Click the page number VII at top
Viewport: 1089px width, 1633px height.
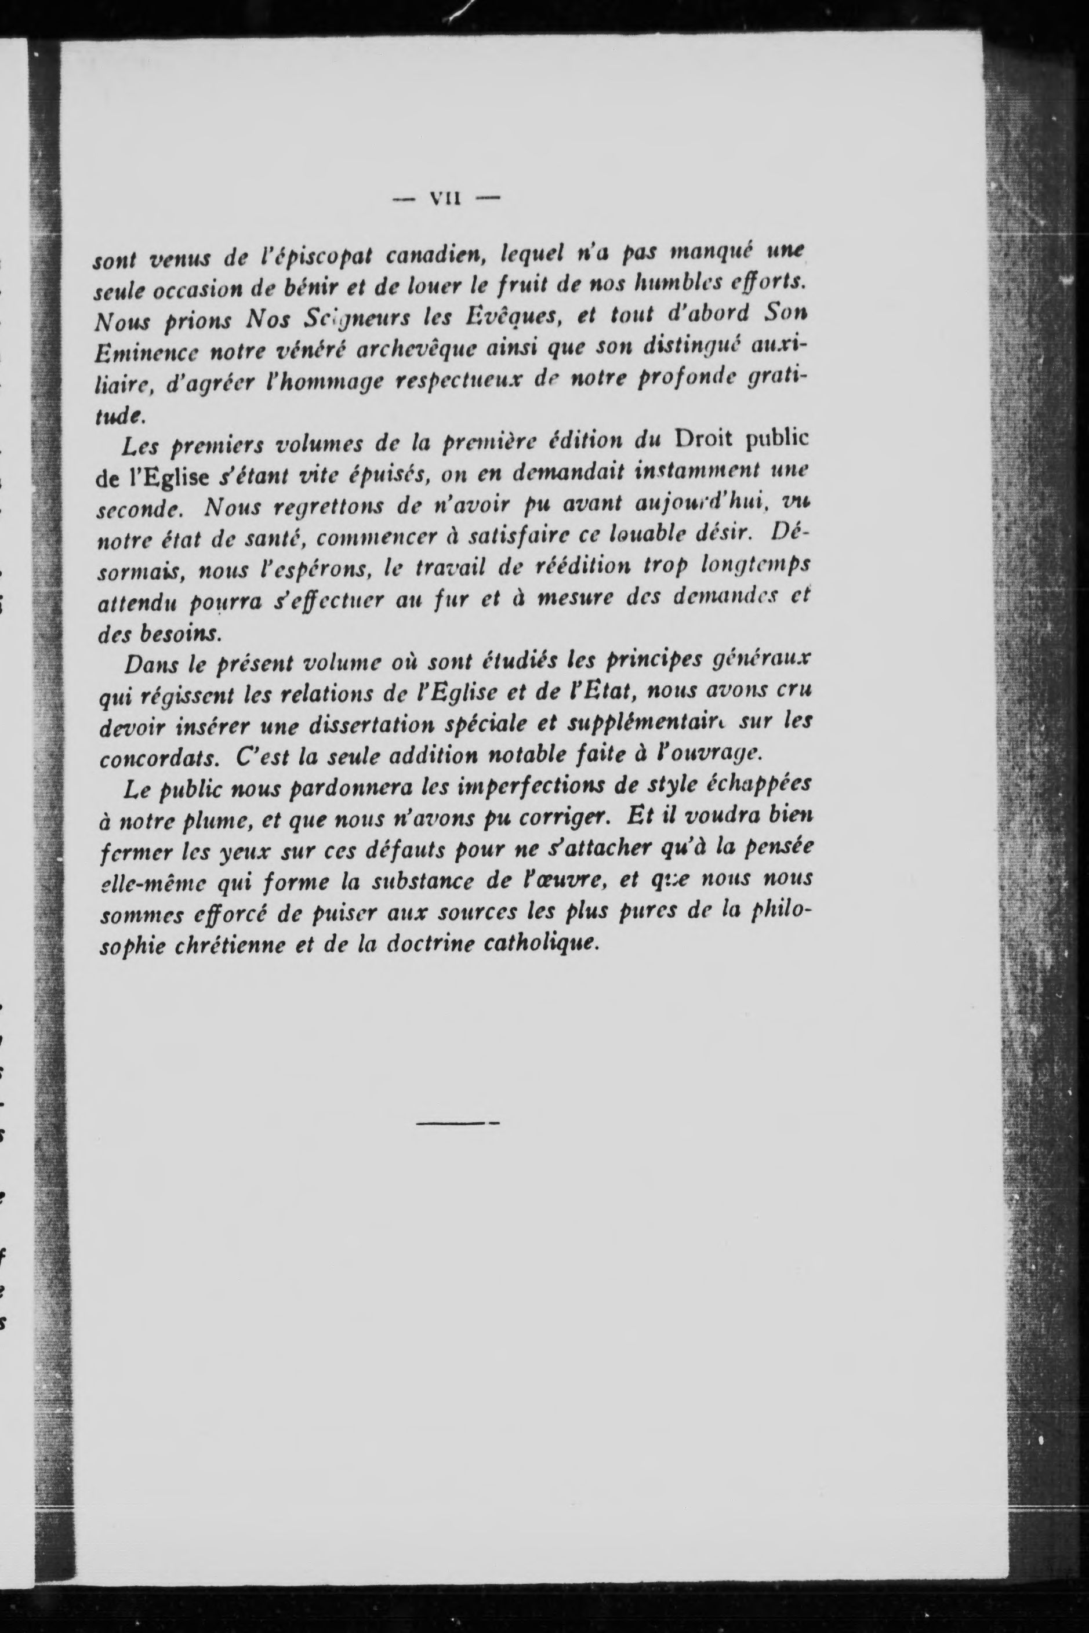coord(446,199)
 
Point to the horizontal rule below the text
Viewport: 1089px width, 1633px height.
coord(458,1122)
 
